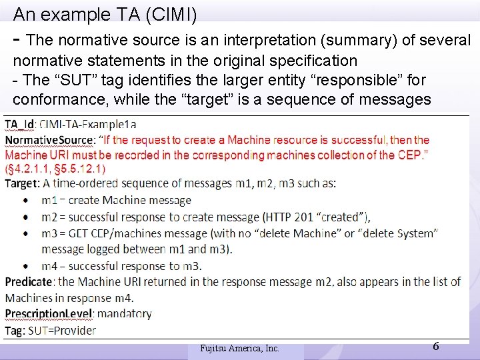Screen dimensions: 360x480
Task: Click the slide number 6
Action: click(x=435, y=346)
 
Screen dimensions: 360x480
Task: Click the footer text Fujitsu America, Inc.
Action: click(x=239, y=348)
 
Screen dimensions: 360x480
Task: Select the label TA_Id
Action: click(x=20, y=125)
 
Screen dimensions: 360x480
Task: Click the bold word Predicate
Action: click(x=28, y=282)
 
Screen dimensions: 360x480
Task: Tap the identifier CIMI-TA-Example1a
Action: click(x=88, y=125)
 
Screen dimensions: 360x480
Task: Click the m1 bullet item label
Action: click(x=48, y=200)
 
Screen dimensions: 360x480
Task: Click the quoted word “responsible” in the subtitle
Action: click(x=362, y=80)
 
